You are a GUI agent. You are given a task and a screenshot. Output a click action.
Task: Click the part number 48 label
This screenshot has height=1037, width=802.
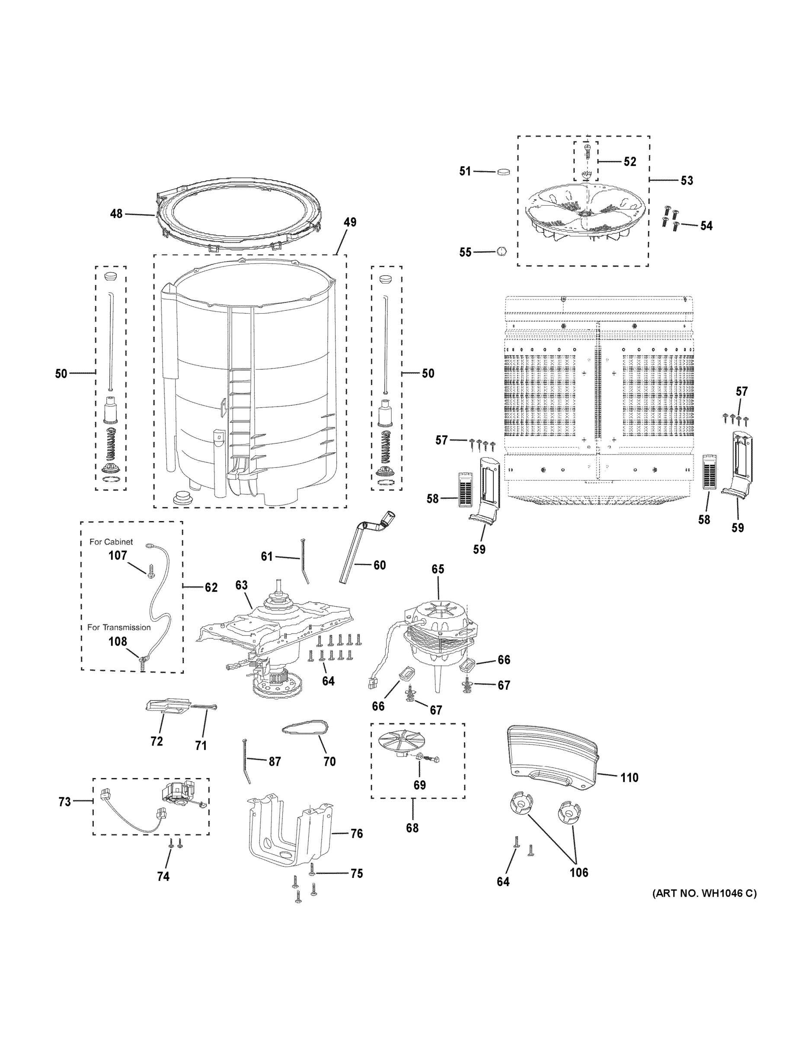tap(116, 214)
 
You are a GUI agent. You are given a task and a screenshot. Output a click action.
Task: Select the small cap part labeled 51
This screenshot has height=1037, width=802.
tap(503, 172)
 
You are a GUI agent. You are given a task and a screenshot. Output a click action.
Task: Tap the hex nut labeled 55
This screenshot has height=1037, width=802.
tap(501, 251)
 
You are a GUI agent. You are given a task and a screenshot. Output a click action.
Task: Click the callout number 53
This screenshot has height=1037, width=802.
tap(687, 181)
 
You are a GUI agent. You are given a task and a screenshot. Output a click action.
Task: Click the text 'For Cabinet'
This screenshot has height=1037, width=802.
tap(111, 542)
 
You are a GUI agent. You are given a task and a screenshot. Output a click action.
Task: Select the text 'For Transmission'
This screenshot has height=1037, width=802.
tap(119, 627)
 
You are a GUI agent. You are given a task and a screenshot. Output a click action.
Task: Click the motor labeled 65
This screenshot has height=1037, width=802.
tap(436, 632)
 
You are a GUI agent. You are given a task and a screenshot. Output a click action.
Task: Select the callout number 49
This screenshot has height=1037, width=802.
tap(350, 222)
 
